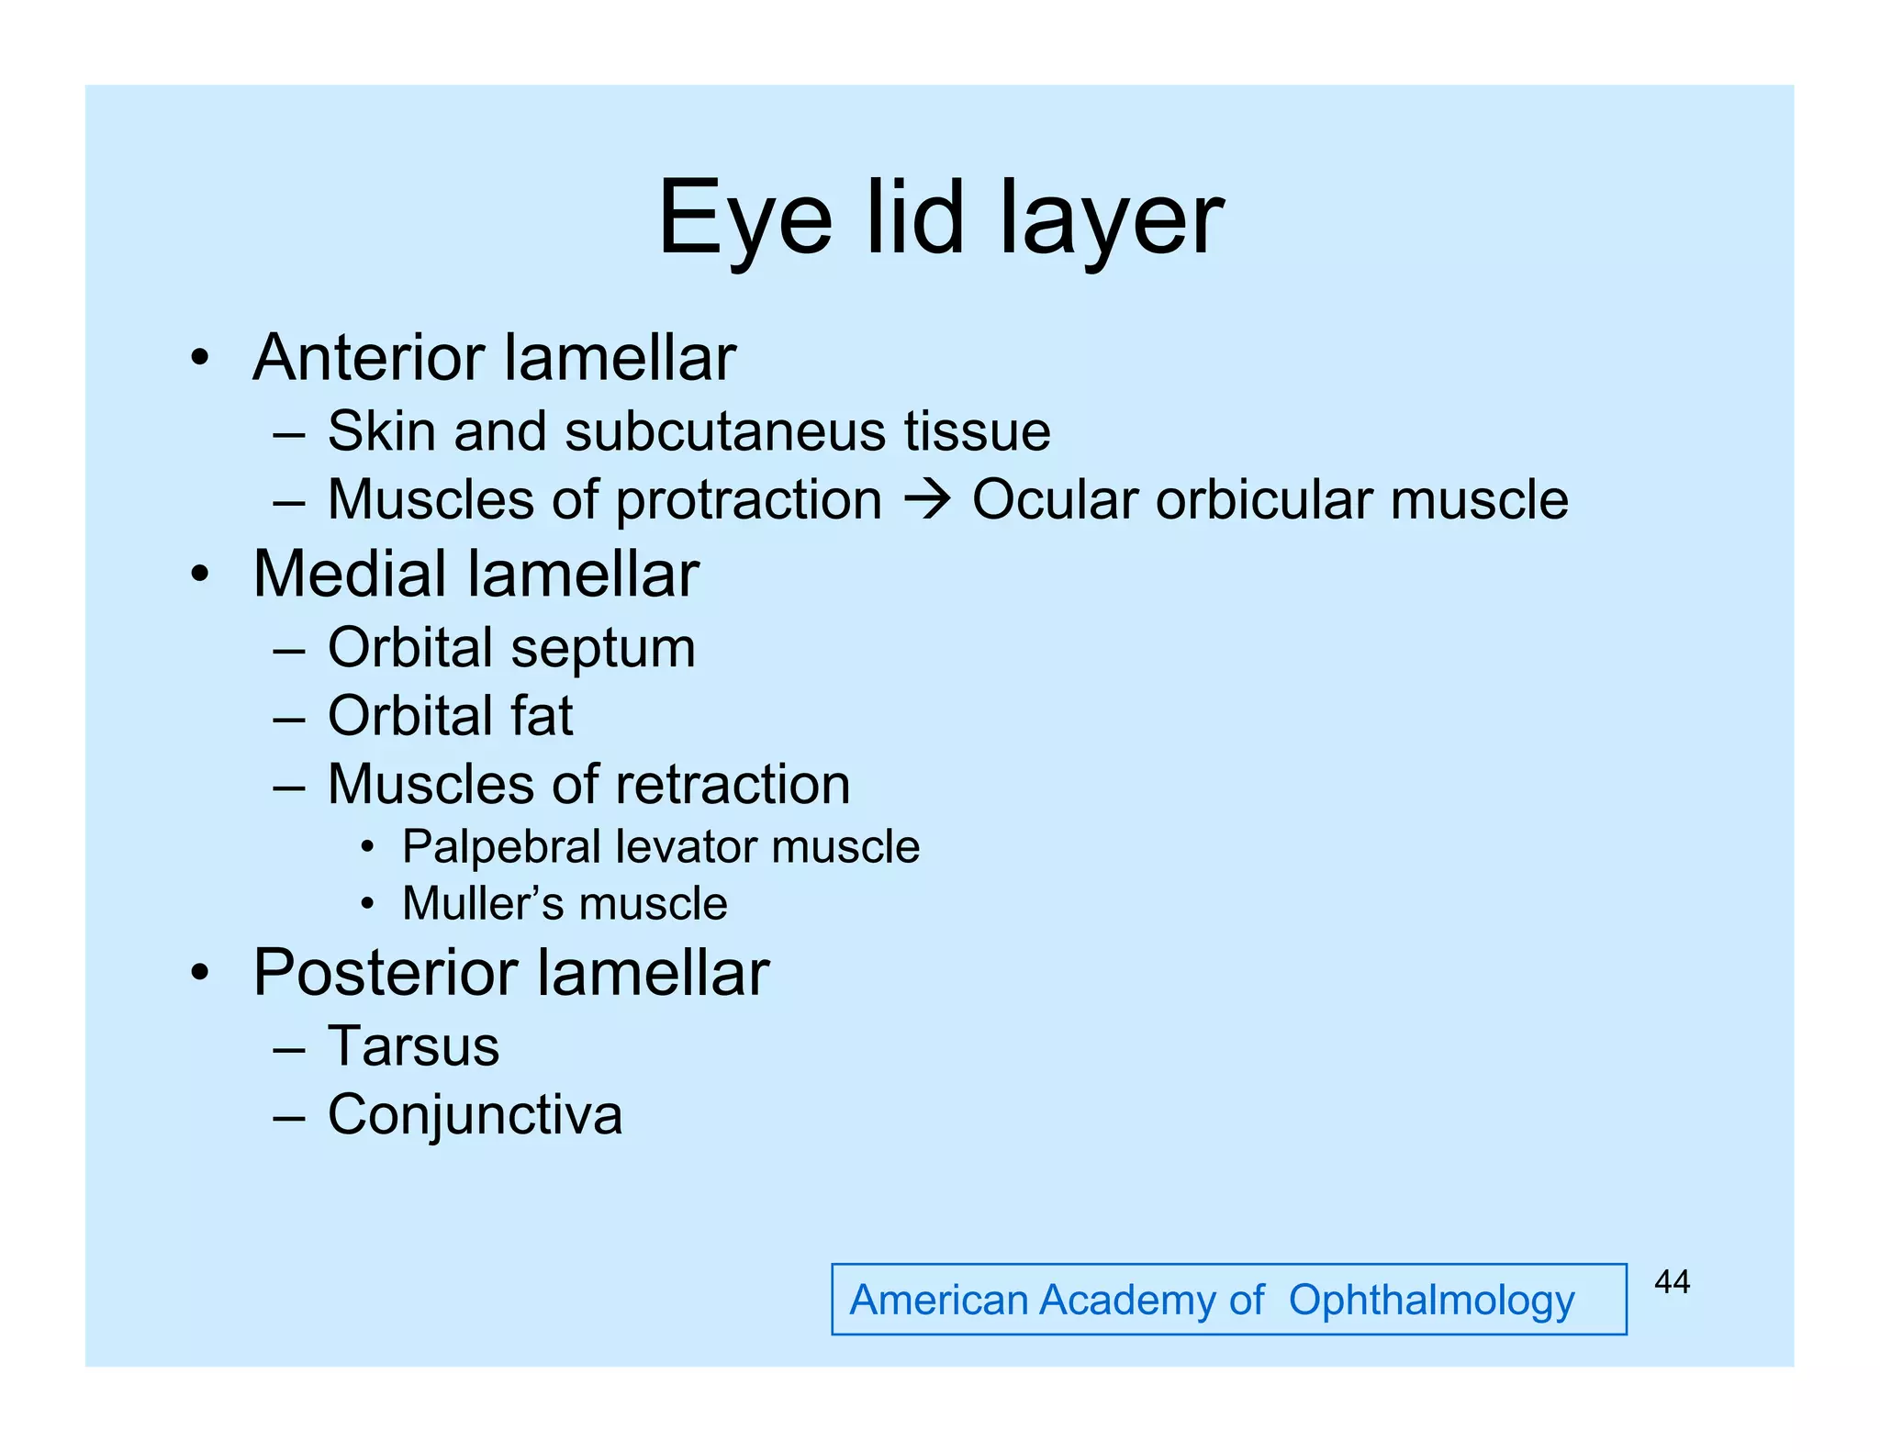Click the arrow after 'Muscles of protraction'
pyautogui.click(x=927, y=500)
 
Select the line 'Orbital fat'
pyautogui.click(x=450, y=716)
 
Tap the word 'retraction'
pyautogui.click(x=733, y=785)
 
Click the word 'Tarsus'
pyautogui.click(x=413, y=1046)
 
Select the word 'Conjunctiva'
pyautogui.click(x=475, y=1115)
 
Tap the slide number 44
pyautogui.click(x=1672, y=1281)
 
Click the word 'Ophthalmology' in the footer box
pyautogui.click(x=1431, y=1301)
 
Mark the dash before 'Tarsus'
pyautogui.click(x=288, y=1048)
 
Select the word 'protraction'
pyautogui.click(x=748, y=501)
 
